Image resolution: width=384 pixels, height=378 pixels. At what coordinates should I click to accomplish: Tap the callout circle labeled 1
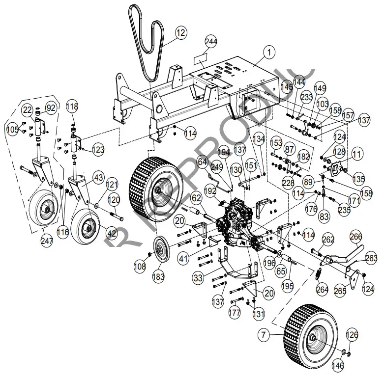pyautogui.click(x=269, y=51)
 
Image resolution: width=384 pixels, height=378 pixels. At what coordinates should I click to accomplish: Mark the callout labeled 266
pyautogui.click(x=355, y=237)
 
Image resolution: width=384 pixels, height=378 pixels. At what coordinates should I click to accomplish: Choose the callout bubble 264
pyautogui.click(x=322, y=290)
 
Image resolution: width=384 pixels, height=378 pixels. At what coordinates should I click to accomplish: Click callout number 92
pyautogui.click(x=51, y=108)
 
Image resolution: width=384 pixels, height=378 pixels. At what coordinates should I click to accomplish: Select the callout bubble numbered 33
pyautogui.click(x=198, y=278)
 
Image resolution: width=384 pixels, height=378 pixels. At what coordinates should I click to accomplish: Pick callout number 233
pyautogui.click(x=307, y=98)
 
